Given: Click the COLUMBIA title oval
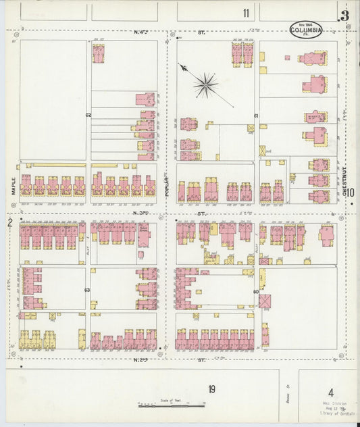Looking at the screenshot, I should point(306,29).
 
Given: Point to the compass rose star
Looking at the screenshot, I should point(205,84).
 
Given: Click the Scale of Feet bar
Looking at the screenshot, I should point(171,405).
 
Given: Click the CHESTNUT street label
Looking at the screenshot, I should point(344,182).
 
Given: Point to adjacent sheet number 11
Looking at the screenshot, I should point(246,13).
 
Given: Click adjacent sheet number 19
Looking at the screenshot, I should point(211,388).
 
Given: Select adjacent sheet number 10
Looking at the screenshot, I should point(352,192).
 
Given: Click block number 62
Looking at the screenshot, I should point(88,116).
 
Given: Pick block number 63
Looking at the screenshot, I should point(87,290).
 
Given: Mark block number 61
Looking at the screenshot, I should point(256,116).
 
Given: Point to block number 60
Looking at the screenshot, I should point(256,292).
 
